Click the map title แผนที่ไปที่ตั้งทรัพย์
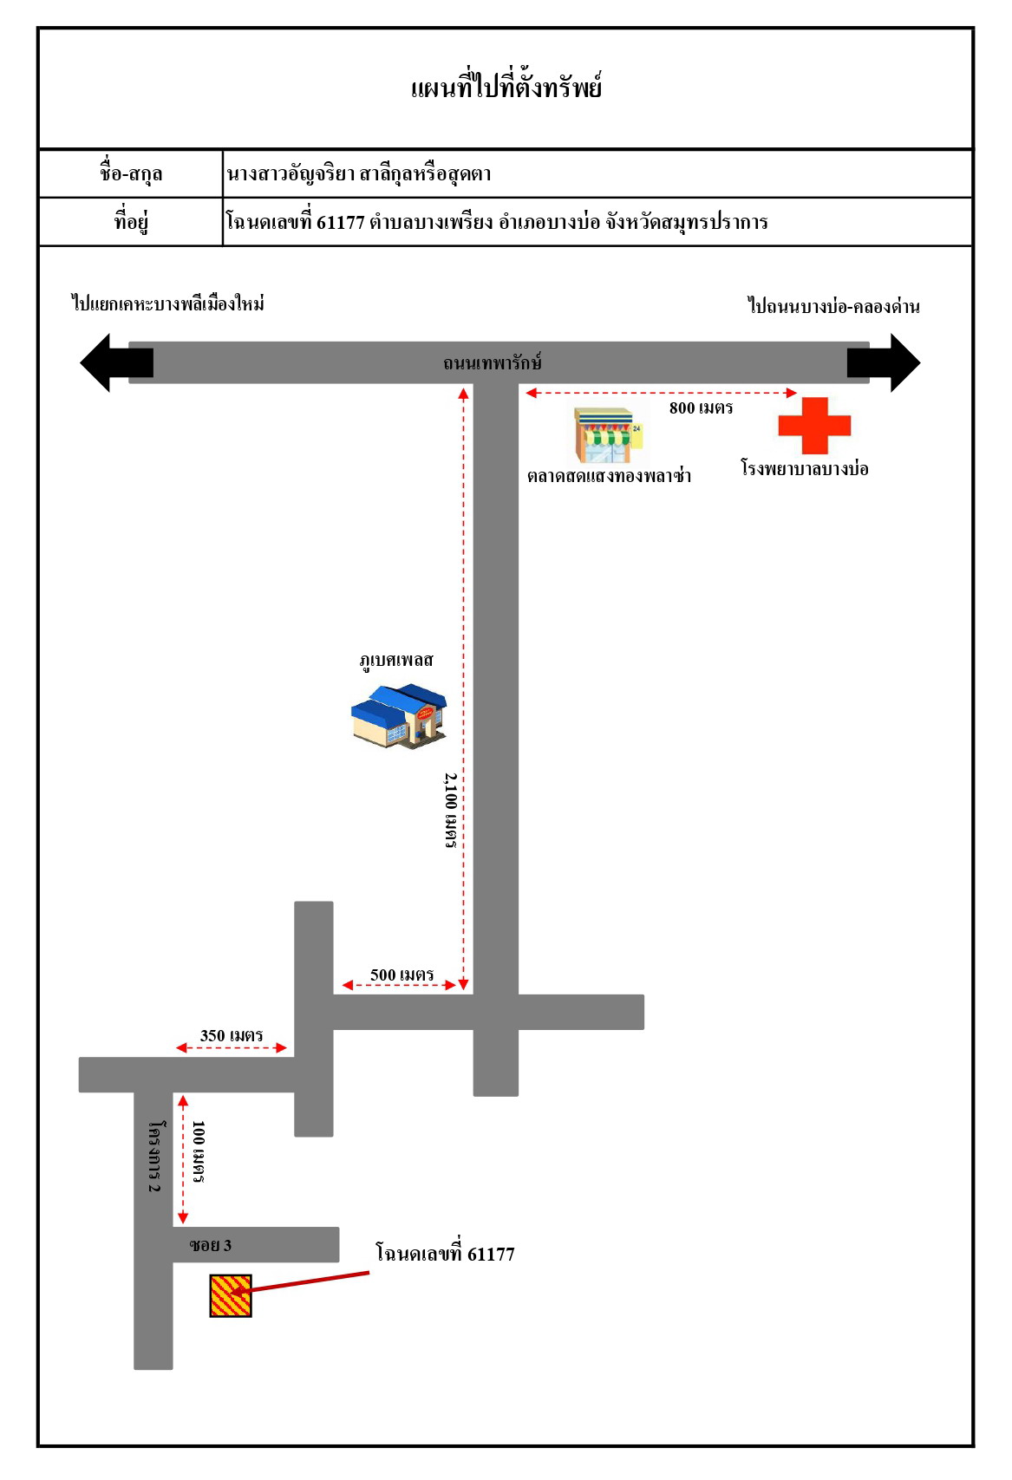click(506, 88)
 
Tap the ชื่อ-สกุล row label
click(131, 173)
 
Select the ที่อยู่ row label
click(131, 221)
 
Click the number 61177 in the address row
click(341, 223)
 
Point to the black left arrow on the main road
click(116, 362)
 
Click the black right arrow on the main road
click(884, 362)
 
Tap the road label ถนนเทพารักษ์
click(493, 362)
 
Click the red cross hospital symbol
click(814, 426)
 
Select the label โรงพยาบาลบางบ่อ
click(805, 468)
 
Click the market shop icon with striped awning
click(609, 435)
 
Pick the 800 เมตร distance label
click(701, 407)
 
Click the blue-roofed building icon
click(399, 716)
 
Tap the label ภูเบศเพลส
click(396, 660)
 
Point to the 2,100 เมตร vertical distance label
click(451, 811)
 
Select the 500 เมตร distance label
click(402, 975)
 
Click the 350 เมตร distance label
click(232, 1035)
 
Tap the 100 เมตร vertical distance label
click(199, 1151)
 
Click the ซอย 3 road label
click(210, 1245)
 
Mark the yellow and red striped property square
click(231, 1295)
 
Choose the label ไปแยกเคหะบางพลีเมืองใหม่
click(168, 303)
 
